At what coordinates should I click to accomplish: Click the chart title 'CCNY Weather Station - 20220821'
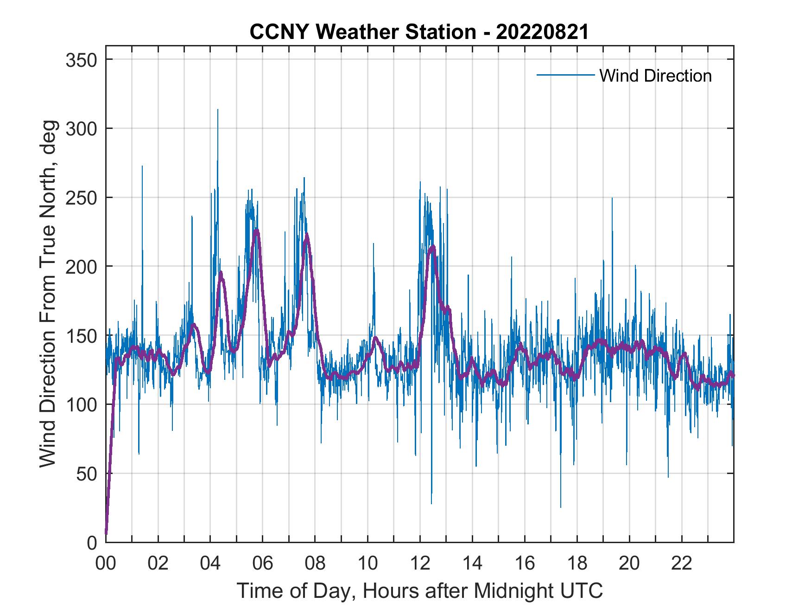pyautogui.click(x=419, y=32)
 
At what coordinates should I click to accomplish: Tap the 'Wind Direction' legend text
pyautogui.click(x=655, y=76)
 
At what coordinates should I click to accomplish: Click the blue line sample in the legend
pyautogui.click(x=565, y=75)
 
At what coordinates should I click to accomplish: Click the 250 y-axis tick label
pyautogui.click(x=81, y=198)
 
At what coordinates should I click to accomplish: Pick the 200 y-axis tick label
pyautogui.click(x=81, y=266)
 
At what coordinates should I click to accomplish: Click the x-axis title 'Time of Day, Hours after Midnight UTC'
pyautogui.click(x=420, y=591)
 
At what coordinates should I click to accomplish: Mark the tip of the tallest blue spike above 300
pyautogui.click(x=218, y=109)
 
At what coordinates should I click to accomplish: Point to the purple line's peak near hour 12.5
pyautogui.click(x=432, y=246)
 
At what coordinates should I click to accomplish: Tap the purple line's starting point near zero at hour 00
pyautogui.click(x=106, y=533)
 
